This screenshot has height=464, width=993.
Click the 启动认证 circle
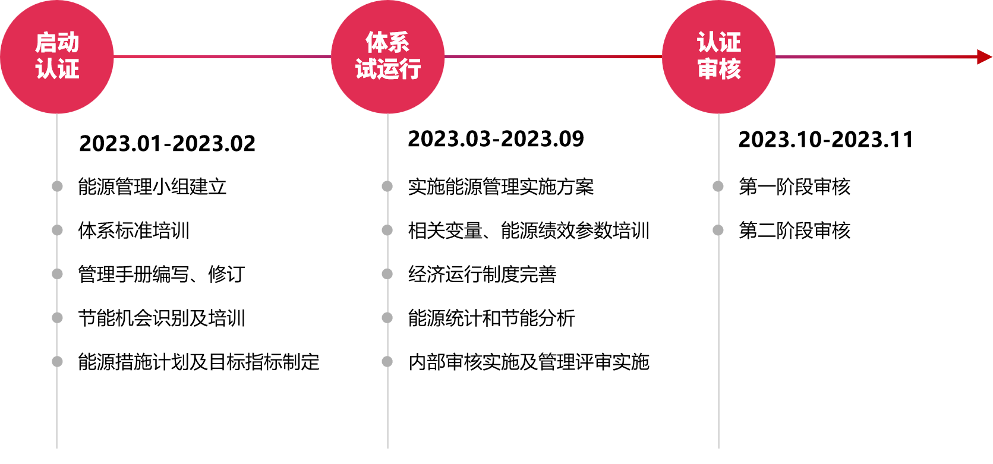pos(56,56)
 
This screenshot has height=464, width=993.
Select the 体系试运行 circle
pos(387,56)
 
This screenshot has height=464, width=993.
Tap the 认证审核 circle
pos(718,56)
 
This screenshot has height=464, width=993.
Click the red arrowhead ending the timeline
pos(984,57)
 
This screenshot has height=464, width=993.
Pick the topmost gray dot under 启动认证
pos(57,187)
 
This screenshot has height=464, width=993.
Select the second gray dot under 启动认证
pos(57,230)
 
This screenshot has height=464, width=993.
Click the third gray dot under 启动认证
pos(57,274)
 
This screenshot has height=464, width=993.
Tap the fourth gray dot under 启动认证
pos(57,318)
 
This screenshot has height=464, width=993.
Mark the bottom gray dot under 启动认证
pos(57,361)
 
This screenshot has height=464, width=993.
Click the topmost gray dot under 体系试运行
pos(387,187)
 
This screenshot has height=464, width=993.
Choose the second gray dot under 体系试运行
pos(387,230)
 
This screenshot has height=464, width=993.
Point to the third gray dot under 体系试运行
pos(387,274)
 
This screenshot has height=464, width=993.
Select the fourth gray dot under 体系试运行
pos(387,318)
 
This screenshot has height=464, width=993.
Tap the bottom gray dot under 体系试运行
pos(387,361)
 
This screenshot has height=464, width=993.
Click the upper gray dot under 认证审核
pos(718,187)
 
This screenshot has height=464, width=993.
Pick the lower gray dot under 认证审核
pos(718,230)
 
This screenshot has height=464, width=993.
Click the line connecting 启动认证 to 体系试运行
pos(222,56)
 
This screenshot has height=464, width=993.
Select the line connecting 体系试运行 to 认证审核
pos(553,56)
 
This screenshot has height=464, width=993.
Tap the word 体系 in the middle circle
pos(387,43)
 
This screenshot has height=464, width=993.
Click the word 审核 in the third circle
pos(719,70)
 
